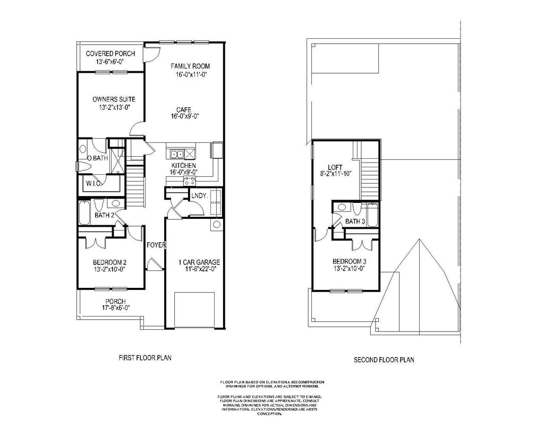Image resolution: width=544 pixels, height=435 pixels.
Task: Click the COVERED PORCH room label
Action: pyautogui.click(x=110, y=54)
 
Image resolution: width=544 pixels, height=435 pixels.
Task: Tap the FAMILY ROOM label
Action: pyautogui.click(x=190, y=66)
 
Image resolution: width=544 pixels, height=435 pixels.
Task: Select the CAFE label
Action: pyautogui.click(x=184, y=109)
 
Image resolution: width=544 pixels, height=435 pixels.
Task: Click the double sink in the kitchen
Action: pyautogui.click(x=177, y=155)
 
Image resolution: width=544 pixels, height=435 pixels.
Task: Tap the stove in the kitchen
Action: pyautogui.click(x=189, y=181)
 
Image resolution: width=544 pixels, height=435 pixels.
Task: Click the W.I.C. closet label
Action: pyautogui.click(x=94, y=184)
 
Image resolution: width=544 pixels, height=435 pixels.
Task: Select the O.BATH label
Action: pyautogui.click(x=96, y=158)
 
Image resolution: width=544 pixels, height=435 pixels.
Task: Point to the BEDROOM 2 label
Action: pyautogui.click(x=109, y=262)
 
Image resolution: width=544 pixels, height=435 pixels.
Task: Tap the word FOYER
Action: pyautogui.click(x=157, y=245)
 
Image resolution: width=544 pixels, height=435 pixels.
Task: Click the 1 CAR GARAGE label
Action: pyautogui.click(x=199, y=262)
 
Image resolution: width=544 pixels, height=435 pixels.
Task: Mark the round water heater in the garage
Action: pyautogui.click(x=217, y=225)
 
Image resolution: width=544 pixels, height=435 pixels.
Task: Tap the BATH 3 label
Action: pyautogui.click(x=355, y=221)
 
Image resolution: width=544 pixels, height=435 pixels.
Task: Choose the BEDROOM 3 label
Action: pyautogui.click(x=349, y=261)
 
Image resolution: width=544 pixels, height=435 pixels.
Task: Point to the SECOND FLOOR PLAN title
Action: pyautogui.click(x=384, y=360)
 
